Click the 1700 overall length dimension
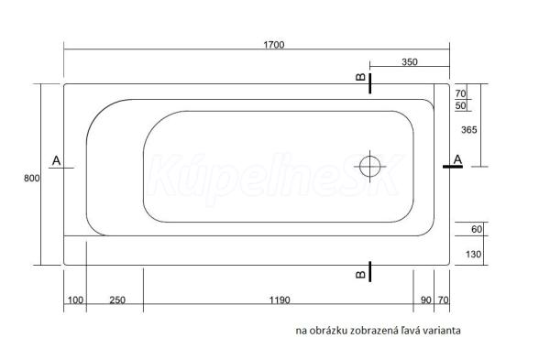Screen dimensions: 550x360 pos(273,45)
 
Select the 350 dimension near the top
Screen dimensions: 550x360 pos(410,62)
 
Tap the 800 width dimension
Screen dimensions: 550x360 pos(31,178)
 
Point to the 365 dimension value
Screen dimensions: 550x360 pos(469,130)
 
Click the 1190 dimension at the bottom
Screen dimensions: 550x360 pos(280,300)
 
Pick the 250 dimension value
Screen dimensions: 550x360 pos(117,300)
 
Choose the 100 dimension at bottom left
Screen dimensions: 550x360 pos(75,300)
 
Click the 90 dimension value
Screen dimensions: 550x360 pos(426,300)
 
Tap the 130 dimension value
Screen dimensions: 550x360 pos(473,254)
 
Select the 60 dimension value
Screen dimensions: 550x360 pos(477,229)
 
